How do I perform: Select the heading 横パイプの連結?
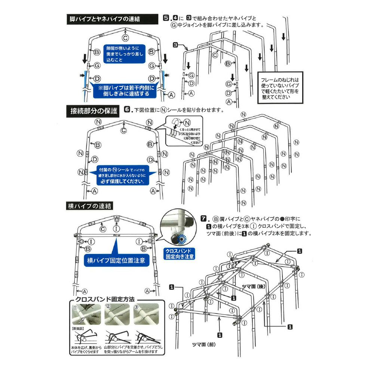tap(90, 206)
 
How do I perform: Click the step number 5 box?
tap(166, 18)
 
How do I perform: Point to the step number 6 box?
tap(127, 110)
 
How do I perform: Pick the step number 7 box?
tap(204, 218)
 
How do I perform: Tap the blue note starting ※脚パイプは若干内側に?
tap(123, 91)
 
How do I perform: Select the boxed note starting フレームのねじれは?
tap(280, 88)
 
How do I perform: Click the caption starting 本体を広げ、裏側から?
tap(86, 350)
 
